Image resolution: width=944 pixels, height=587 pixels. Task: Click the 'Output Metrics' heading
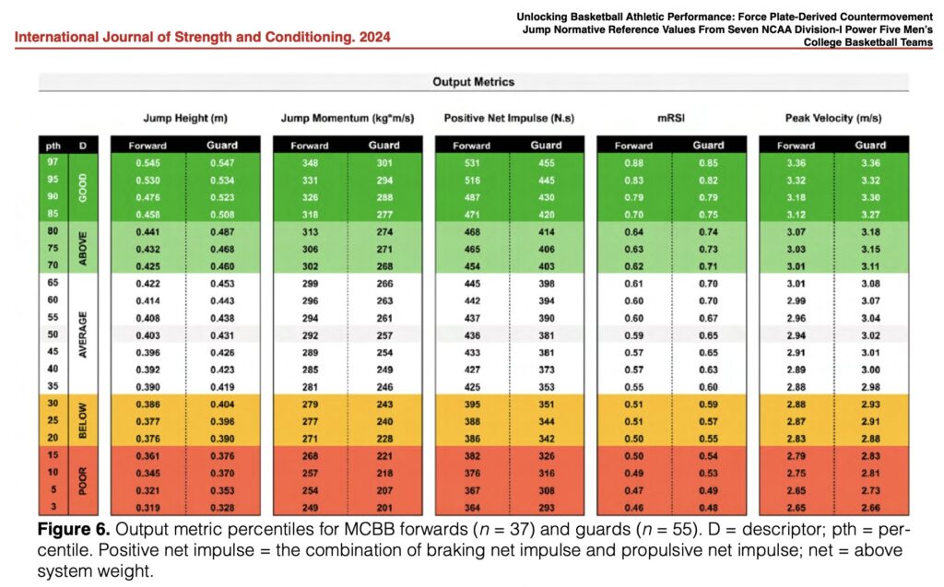click(473, 82)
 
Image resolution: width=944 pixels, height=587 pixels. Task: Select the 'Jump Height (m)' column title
click(185, 118)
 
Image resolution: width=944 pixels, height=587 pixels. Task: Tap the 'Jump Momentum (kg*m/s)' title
click(348, 118)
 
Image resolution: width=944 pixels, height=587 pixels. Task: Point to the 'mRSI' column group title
click(671, 118)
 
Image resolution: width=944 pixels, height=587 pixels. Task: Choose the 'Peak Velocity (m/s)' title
click(833, 118)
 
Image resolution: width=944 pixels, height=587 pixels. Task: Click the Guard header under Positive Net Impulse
click(546, 145)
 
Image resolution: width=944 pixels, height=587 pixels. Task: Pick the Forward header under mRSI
click(633, 146)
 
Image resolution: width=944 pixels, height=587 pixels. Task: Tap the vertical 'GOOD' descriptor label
click(83, 188)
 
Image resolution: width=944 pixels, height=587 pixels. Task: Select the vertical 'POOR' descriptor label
click(83, 480)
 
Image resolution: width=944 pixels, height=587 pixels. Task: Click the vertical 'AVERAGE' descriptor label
click(83, 335)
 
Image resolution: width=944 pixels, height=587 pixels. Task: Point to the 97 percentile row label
click(53, 162)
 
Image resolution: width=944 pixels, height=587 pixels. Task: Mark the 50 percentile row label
click(53, 335)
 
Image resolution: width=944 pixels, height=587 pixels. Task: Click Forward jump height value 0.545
click(147, 163)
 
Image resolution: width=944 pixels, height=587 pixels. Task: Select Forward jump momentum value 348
click(310, 163)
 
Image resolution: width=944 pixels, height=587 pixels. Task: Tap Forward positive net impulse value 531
click(472, 163)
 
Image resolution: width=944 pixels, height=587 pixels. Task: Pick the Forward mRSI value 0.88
click(633, 163)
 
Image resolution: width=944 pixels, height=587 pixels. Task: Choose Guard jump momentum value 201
click(384, 508)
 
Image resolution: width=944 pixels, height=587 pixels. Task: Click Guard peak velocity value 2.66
click(870, 508)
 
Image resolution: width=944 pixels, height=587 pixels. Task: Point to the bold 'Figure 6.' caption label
click(74, 530)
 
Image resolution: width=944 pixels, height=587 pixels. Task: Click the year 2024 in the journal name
click(375, 38)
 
